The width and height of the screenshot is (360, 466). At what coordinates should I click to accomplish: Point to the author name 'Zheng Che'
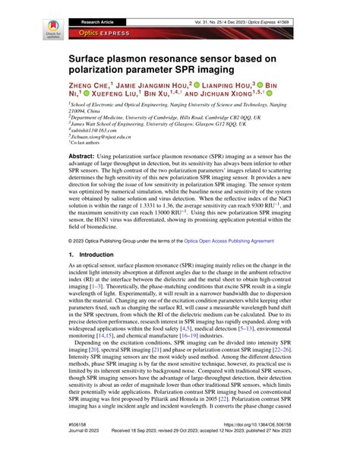click(92, 87)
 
